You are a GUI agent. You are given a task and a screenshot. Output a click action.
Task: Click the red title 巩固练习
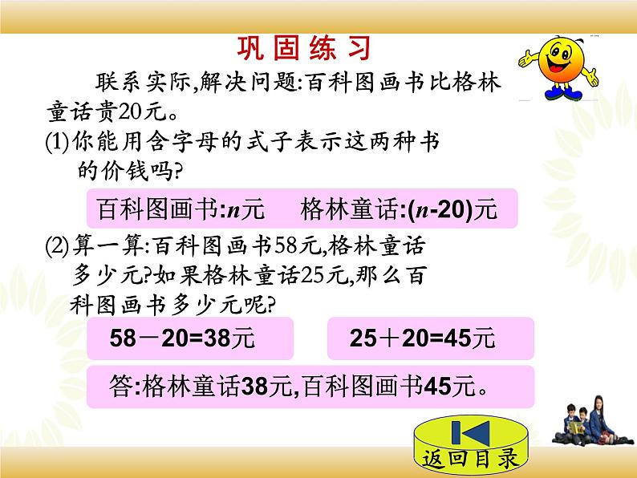click(x=304, y=50)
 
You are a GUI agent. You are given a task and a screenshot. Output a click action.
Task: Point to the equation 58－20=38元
click(x=182, y=339)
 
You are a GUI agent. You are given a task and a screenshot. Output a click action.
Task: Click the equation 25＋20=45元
click(x=423, y=339)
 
